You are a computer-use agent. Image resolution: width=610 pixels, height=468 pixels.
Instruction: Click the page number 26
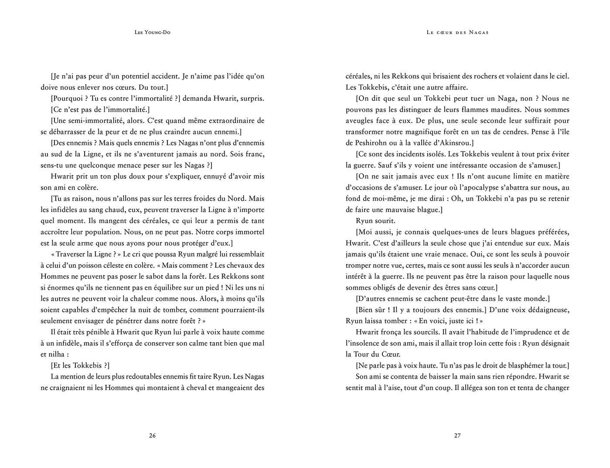tap(152, 435)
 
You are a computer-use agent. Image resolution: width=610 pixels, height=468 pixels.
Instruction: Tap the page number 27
tap(457, 435)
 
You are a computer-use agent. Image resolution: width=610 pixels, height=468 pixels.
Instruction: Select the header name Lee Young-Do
tap(152, 32)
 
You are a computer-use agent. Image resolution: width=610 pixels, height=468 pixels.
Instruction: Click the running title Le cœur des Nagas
tap(457, 32)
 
